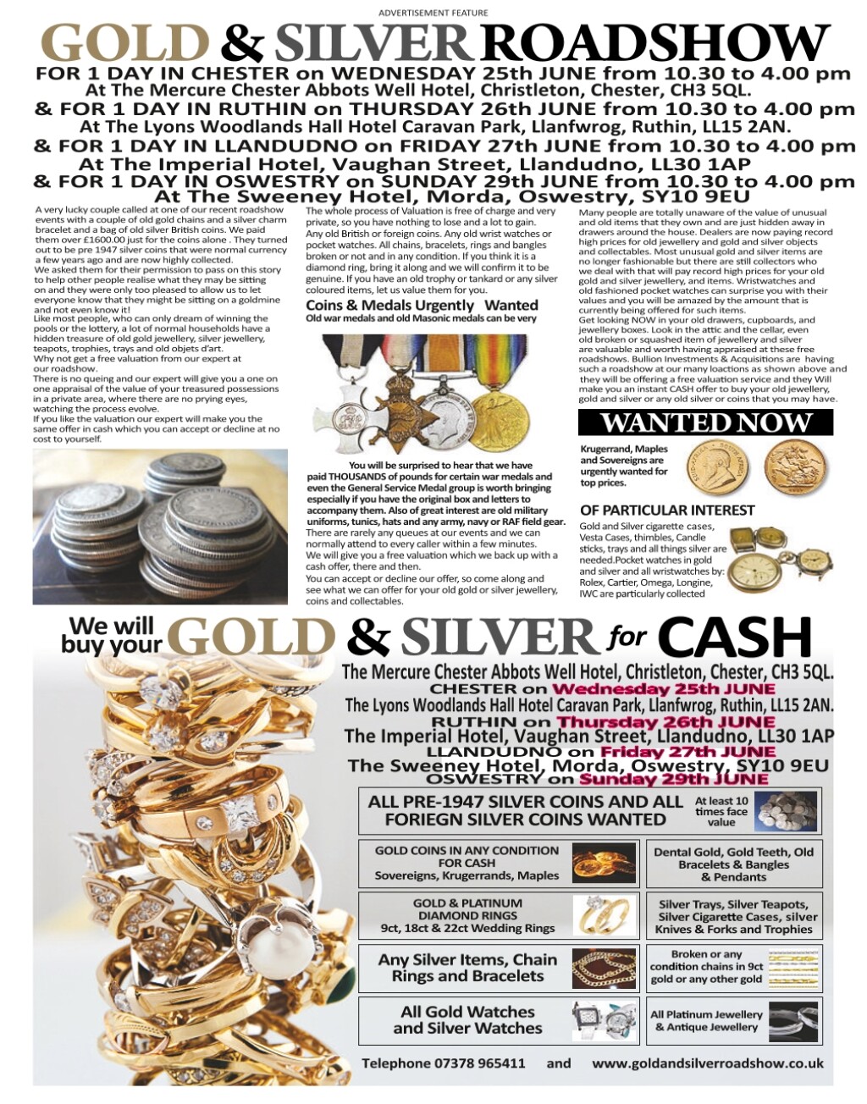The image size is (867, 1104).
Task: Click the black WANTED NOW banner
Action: coord(705,422)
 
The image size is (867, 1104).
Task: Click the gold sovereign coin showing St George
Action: coord(789,467)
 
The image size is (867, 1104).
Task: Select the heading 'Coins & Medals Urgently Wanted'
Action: coord(422,305)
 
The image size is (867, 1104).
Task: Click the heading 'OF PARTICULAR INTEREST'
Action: coord(667,510)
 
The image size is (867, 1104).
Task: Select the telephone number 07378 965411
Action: coord(467,1063)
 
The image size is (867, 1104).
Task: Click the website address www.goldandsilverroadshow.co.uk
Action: coord(707,1063)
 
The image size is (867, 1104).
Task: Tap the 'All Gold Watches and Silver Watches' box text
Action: coord(467,1020)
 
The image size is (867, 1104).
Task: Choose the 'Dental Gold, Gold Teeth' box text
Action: coord(733,864)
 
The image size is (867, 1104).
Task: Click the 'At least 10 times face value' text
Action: coord(721,810)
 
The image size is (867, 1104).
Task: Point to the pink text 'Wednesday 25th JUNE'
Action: coord(663,689)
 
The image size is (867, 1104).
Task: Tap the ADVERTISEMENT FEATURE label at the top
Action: coord(433,13)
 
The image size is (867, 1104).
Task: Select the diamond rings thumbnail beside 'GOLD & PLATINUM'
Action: coord(604,915)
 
